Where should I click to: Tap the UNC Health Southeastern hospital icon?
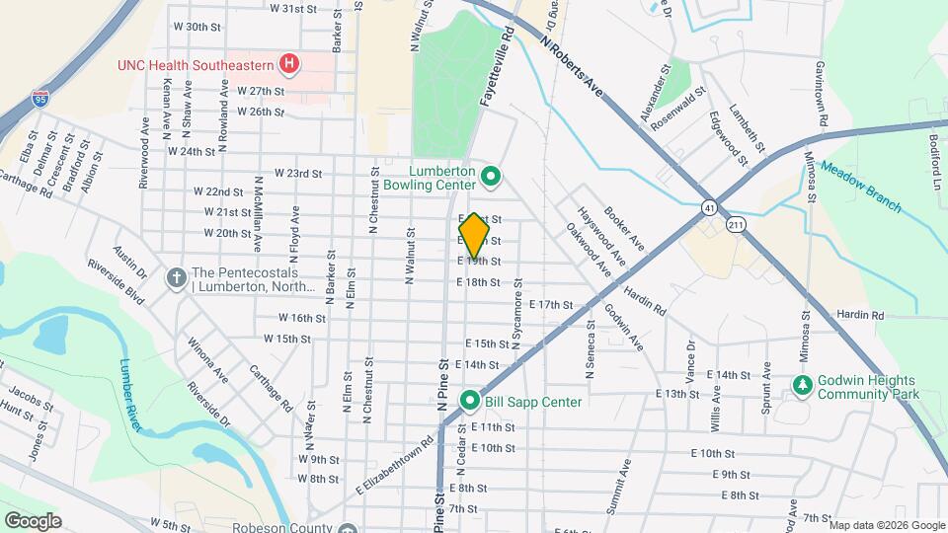[289, 65]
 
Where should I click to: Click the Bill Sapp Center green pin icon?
[469, 401]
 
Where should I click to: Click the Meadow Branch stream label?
[859, 186]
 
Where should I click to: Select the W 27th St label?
[261, 91]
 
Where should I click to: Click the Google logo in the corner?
[34, 520]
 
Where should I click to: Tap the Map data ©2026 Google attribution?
[885, 524]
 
